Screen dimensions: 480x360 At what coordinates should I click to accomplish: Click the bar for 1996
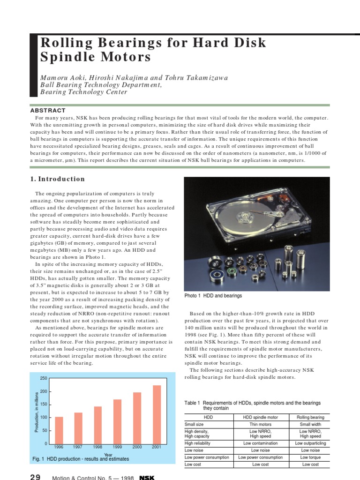59,430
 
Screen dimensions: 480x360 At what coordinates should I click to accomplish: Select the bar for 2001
157,414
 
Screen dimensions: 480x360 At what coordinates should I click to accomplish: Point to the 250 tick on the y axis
44,378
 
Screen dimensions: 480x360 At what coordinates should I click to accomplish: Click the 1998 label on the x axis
98,447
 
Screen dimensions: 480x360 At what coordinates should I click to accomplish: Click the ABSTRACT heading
48,110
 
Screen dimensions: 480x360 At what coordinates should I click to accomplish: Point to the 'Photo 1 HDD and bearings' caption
213,296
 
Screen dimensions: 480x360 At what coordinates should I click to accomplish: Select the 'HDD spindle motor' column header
260,417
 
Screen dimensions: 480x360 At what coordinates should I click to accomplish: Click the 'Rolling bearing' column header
310,417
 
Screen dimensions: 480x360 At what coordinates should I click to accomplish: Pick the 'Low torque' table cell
310,457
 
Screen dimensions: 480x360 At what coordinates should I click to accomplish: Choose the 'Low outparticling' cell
310,443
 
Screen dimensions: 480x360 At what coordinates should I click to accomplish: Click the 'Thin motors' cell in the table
260,424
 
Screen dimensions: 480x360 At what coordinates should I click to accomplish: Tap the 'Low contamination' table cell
260,443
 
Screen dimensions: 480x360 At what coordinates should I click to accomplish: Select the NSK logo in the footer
147,477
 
